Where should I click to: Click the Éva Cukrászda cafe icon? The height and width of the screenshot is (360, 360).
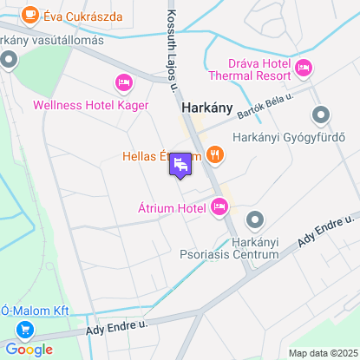[30, 15]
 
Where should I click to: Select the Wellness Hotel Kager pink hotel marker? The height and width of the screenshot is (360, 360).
[122, 83]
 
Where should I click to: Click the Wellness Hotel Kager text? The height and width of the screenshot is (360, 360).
[90, 105]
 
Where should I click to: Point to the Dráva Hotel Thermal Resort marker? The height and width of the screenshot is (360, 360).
[304, 68]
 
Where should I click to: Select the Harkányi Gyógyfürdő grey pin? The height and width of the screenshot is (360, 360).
[321, 115]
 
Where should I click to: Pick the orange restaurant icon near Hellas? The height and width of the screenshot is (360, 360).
[216, 155]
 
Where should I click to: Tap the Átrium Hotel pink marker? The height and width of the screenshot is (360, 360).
[219, 206]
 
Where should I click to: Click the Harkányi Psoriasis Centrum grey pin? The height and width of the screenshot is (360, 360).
[254, 219]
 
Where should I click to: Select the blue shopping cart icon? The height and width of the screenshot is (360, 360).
[23, 330]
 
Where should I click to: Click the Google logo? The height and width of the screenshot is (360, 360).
[29, 349]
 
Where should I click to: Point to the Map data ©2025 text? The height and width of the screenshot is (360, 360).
[322, 353]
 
